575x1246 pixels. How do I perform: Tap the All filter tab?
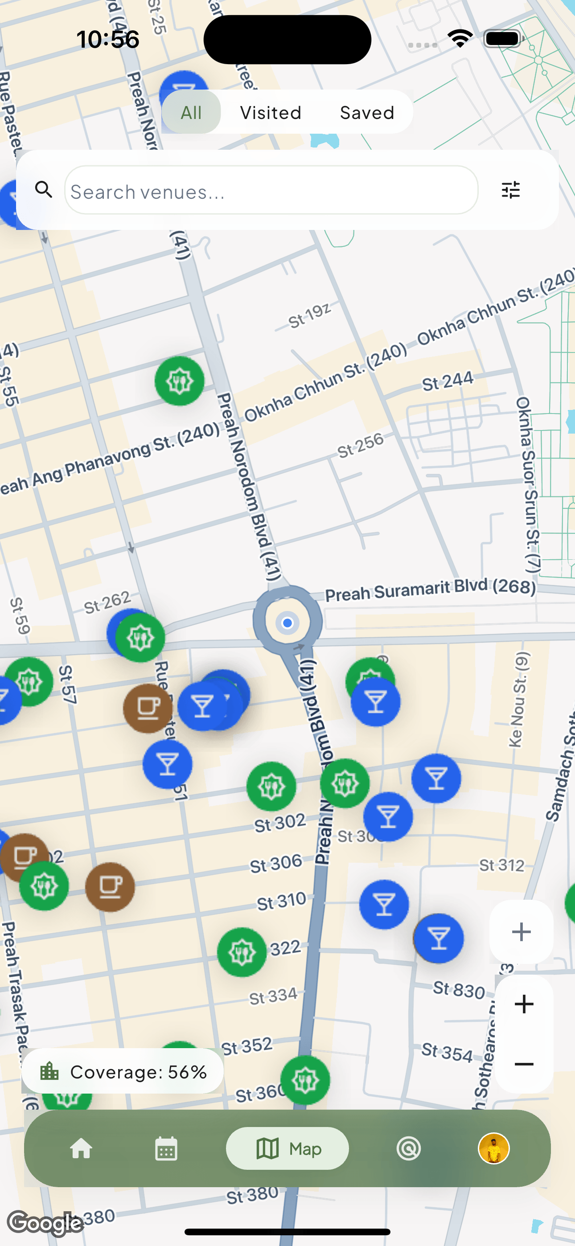pyautogui.click(x=191, y=112)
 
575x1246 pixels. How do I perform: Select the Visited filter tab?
pyautogui.click(x=271, y=112)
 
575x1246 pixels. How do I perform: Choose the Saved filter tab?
pyautogui.click(x=367, y=112)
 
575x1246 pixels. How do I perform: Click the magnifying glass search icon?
pyautogui.click(x=44, y=189)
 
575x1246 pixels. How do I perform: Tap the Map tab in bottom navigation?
pyautogui.click(x=287, y=1148)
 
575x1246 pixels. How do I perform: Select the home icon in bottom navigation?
pyautogui.click(x=81, y=1148)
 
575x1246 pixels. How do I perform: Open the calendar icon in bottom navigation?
pyautogui.click(x=166, y=1148)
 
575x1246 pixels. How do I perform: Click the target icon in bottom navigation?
pyautogui.click(x=408, y=1148)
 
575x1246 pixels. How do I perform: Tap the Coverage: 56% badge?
pyautogui.click(x=123, y=1072)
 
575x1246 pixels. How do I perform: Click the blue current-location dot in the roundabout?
pyautogui.click(x=287, y=623)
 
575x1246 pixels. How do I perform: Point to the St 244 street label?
pyautogui.click(x=447, y=381)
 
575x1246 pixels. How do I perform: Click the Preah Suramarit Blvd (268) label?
pyautogui.click(x=430, y=590)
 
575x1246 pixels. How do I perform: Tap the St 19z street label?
pyautogui.click(x=309, y=315)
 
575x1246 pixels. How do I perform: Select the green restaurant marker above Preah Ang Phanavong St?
pyautogui.click(x=179, y=381)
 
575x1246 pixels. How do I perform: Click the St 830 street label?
pyautogui.click(x=459, y=990)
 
